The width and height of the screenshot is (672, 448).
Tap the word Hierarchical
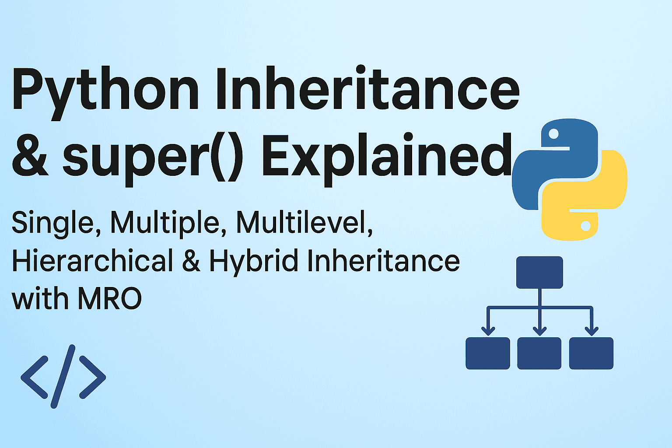point(92,261)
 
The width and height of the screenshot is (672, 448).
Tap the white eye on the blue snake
point(553,133)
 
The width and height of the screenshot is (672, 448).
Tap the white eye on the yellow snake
point(585,226)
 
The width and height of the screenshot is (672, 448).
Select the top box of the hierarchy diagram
point(539,272)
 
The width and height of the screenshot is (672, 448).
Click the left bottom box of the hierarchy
point(488,353)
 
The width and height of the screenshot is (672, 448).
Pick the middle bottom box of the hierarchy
point(539,353)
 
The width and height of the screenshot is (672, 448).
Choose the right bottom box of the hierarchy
point(591,353)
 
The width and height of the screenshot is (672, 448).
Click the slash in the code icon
point(63,376)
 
